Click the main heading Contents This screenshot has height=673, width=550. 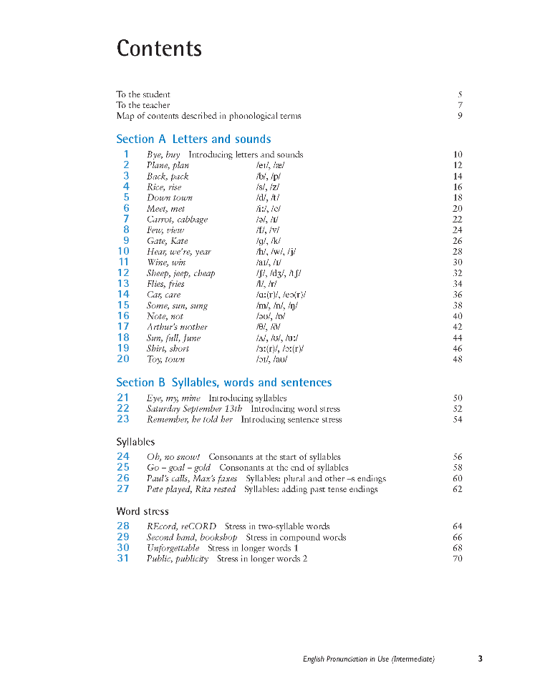coord(159,49)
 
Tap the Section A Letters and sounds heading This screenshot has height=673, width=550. coord(193,139)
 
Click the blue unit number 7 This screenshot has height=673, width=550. coord(126,219)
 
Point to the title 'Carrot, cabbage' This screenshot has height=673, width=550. coord(177,220)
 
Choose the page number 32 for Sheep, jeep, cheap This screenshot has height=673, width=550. coord(458,273)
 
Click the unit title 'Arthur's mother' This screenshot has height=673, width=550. coord(177,327)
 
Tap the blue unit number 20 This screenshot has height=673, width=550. coord(123,359)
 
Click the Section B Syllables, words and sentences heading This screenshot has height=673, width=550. coord(223,383)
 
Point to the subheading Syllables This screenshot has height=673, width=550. coord(135,442)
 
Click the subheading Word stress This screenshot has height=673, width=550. coord(143,511)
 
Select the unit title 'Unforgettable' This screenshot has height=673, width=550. coord(173,548)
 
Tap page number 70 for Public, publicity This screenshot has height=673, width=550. coord(458,559)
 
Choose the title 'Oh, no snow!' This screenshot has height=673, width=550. coord(173,457)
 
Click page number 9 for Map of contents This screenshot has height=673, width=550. coord(460,116)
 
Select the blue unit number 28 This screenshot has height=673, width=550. coord(123,526)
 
